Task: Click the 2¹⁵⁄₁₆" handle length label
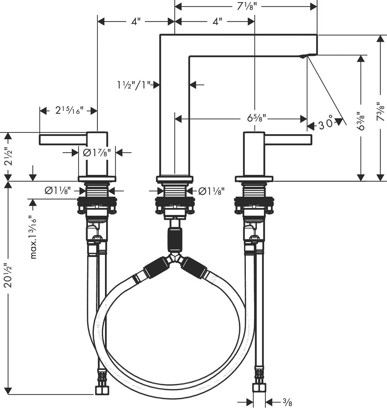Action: coord(70,111)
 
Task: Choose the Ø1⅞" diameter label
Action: coord(97,153)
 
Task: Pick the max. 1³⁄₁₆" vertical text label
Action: coord(34,237)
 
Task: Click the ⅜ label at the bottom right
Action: coord(287,403)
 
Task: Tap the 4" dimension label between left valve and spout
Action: coord(134,22)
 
